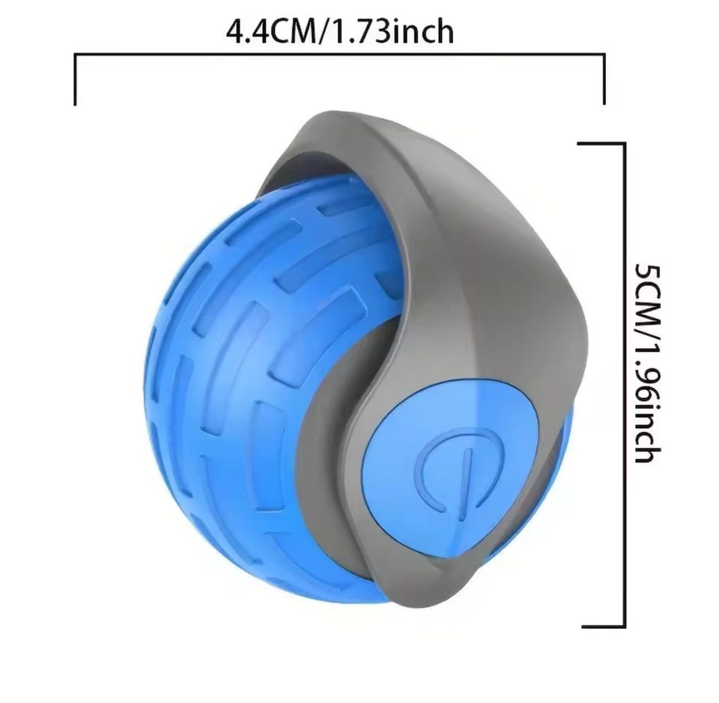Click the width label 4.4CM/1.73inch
340,32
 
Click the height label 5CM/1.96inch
648,363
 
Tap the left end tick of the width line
75,80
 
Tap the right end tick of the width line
604,79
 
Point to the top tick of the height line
601,144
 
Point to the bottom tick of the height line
604,626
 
